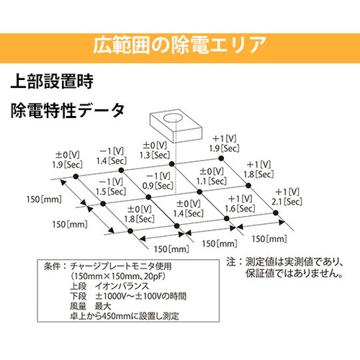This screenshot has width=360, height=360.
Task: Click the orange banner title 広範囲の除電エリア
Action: pos(179,45)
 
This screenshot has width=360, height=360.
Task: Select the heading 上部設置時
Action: pos(52,81)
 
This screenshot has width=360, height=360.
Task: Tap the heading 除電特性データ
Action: pos(68,110)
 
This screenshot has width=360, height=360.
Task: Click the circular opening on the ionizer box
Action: pos(173,118)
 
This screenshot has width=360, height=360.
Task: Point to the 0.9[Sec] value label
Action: pos(158,186)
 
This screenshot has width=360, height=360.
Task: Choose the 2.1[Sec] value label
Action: pos(287,202)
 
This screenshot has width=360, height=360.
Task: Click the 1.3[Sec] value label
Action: pos(155,155)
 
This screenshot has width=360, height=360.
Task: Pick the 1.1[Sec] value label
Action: pos(212,181)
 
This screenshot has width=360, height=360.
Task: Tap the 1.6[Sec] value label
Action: pos(240,208)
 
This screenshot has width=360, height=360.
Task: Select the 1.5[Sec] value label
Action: pos(111,192)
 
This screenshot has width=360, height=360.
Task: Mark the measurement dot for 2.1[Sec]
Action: pos(276,212)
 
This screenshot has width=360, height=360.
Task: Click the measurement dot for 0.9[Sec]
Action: pos(148,197)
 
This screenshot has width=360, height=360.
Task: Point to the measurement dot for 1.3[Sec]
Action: pos(171,164)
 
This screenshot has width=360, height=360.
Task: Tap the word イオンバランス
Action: pos(122,287)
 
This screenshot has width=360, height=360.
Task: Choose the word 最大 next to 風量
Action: pos(103,306)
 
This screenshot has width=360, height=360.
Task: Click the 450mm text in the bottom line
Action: pos(117,316)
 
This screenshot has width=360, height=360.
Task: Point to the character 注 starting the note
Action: pos(231,262)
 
